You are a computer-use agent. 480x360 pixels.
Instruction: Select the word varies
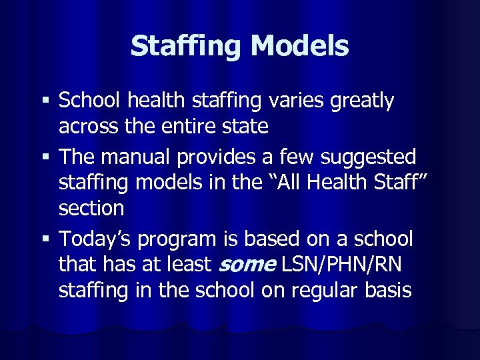point(291,101)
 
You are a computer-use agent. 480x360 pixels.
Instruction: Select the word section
point(91,208)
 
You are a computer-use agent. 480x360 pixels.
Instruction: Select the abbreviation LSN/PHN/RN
point(341,265)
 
